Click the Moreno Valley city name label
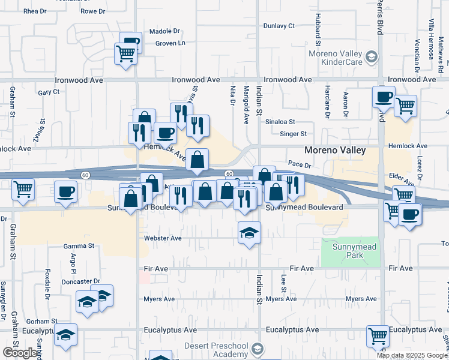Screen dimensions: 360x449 335,151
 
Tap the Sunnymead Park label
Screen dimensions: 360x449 351,250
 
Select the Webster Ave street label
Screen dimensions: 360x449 163,238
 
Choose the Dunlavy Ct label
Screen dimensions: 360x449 280,26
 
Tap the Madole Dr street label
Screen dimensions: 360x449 164,31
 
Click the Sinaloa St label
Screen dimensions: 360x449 281,121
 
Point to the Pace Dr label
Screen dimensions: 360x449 298,163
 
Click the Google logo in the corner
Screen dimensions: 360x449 19,353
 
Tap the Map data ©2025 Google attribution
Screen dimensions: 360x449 412,355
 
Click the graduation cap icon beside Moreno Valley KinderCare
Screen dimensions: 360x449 372,57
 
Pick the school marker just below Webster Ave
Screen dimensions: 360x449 249,233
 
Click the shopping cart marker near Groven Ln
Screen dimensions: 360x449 125,54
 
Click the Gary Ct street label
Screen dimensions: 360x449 49,92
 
